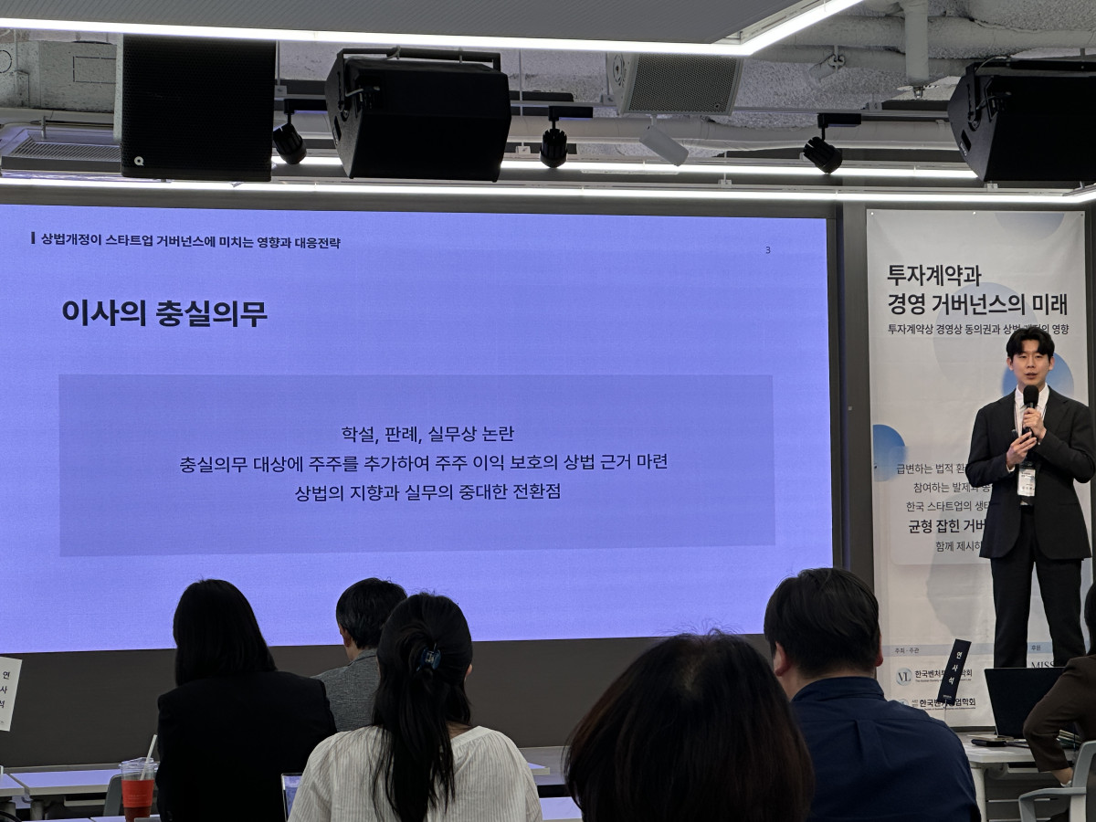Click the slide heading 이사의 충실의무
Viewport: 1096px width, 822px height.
coord(164,313)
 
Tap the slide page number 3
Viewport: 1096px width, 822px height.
coord(768,249)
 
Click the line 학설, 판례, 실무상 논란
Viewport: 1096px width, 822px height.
coord(421,434)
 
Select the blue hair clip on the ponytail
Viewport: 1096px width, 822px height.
coord(428,657)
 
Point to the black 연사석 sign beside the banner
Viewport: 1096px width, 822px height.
coord(955,672)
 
